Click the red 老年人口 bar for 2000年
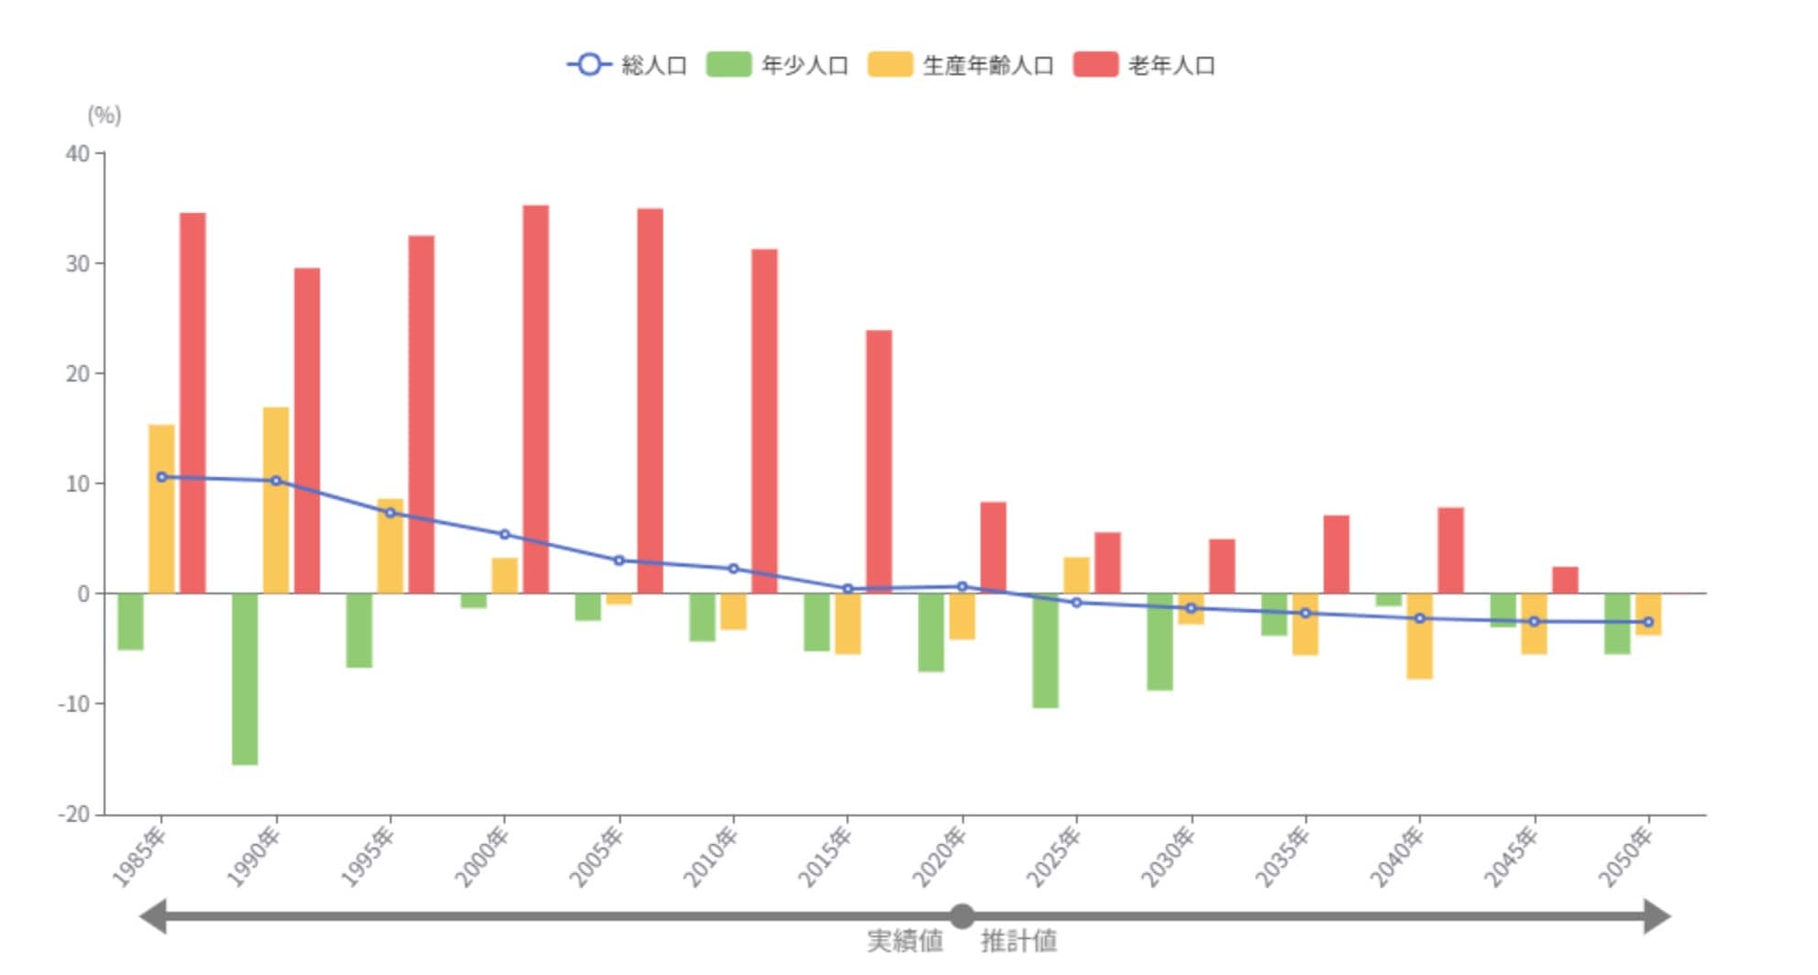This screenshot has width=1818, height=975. point(536,399)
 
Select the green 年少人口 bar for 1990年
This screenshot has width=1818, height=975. point(245,679)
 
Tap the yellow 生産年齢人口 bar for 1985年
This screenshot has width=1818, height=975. point(161,509)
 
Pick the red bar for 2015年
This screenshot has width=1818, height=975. point(879,461)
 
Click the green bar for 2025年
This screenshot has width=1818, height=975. point(1045,650)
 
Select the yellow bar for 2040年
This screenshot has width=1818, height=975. point(1419,636)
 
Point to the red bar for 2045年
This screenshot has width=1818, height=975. point(1565,580)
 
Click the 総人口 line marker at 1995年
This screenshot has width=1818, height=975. point(390,513)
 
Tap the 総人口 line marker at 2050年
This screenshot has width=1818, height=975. point(1647,622)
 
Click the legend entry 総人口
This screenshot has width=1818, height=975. point(628,65)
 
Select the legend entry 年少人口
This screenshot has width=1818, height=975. point(778,65)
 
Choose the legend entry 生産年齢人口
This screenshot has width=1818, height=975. point(961,65)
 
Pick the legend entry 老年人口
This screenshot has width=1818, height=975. point(1145,65)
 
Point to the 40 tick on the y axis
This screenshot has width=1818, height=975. point(78,153)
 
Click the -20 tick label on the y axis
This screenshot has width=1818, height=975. point(74,814)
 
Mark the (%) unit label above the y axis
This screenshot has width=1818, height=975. point(104,115)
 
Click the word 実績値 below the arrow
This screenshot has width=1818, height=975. point(904,941)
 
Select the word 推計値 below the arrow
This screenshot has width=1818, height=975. point(1019,941)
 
